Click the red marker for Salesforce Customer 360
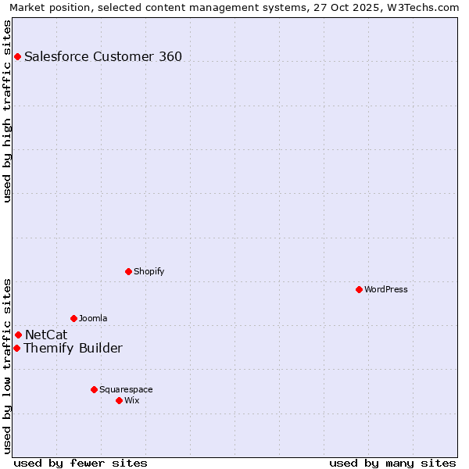(x=17, y=56)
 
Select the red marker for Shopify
(x=128, y=271)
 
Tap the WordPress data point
(x=359, y=289)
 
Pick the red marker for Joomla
(x=73, y=318)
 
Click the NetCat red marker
(x=18, y=335)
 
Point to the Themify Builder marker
(x=16, y=348)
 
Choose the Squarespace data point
(x=94, y=389)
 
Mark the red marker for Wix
(x=119, y=400)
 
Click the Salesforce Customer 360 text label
(x=103, y=56)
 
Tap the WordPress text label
(x=386, y=289)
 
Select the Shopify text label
(x=149, y=271)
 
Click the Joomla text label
(x=93, y=318)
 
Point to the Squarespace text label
(x=126, y=389)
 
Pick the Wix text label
(x=132, y=400)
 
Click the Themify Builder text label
(x=73, y=348)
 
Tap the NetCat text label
(x=46, y=335)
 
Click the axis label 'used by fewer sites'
(x=81, y=463)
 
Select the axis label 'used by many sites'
(x=392, y=463)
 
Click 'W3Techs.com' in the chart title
(x=425, y=8)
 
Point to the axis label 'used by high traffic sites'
(x=8, y=111)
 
